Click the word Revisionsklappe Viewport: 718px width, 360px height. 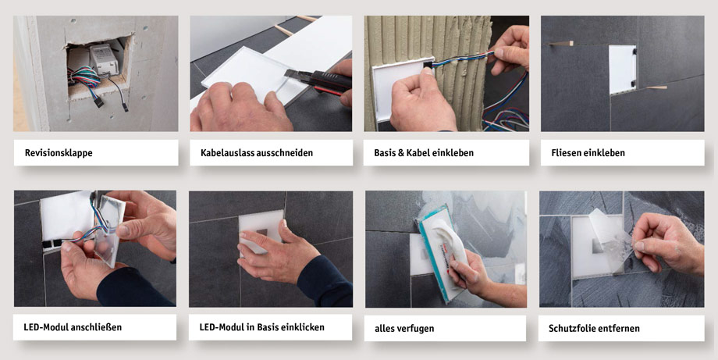[59, 153]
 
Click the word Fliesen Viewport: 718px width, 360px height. [567, 153]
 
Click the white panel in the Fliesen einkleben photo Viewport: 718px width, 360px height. [622, 70]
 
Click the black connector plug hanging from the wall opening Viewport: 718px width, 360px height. [124, 106]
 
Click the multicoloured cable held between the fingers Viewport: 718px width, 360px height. [460, 59]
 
